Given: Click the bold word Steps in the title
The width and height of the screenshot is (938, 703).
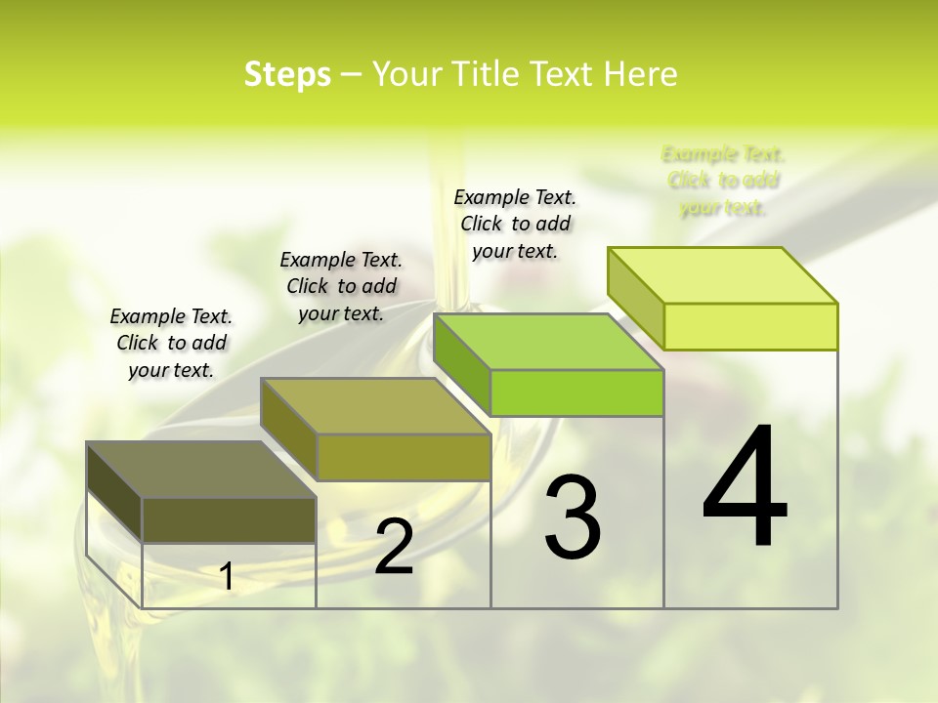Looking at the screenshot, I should click(x=287, y=74).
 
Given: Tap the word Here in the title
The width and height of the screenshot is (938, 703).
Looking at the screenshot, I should click(x=640, y=74).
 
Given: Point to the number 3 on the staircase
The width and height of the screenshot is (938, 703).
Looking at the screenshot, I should click(x=573, y=517).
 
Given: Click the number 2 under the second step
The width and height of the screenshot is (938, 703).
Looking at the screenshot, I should click(x=394, y=547).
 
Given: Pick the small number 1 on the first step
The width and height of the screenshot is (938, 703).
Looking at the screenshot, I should click(x=227, y=576).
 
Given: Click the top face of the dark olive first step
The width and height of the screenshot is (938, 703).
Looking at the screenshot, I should click(x=200, y=470).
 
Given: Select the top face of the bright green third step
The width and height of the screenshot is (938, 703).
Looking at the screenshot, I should click(x=547, y=342).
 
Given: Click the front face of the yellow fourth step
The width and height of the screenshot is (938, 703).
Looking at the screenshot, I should click(x=750, y=326).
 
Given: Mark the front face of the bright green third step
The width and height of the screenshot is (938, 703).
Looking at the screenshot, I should click(x=576, y=393).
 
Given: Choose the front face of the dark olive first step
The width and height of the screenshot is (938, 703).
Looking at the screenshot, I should click(x=229, y=519).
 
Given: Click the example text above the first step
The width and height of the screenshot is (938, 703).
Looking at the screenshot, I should click(x=171, y=343).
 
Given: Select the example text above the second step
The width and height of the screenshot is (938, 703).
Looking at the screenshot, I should click(x=341, y=286).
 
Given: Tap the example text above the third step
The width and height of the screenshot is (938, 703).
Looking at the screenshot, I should click(x=515, y=224).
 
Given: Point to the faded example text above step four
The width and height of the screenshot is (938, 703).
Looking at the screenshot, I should click(x=723, y=181).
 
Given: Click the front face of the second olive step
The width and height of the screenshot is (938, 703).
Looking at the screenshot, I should click(x=404, y=457).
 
